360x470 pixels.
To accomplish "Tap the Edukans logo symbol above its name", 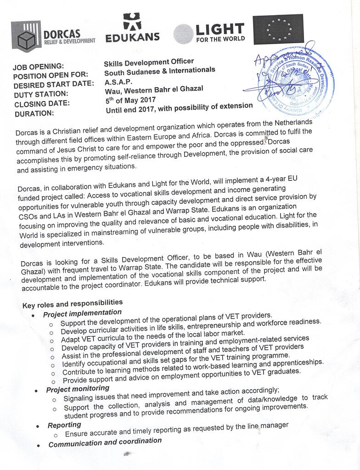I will tap(132, 22).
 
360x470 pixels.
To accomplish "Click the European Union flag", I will tap(278, 29).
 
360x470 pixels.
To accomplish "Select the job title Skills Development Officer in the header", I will tap(149, 62).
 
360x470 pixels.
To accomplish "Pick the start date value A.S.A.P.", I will tap(118, 82).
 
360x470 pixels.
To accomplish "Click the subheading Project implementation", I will tap(82, 313).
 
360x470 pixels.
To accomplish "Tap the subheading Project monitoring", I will tap(78, 390).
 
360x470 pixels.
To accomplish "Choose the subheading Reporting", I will tap(64, 425).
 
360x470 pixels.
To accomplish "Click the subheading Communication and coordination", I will tap(105, 442).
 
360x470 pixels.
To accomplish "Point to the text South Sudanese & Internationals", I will tap(159, 71).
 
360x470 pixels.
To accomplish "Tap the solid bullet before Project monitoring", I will tap(36, 391).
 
